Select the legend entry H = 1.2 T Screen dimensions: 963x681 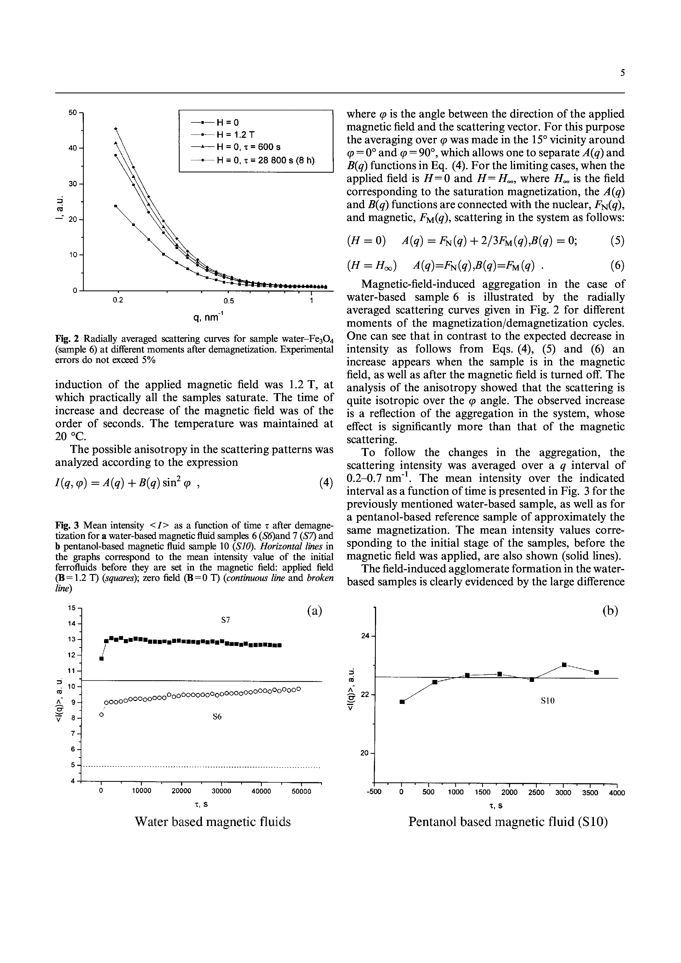235,135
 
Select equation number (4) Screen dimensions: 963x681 326,482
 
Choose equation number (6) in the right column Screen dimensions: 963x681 617,265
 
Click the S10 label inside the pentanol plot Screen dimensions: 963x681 547,701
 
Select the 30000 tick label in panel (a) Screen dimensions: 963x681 221,792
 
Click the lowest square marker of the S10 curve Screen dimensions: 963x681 402,702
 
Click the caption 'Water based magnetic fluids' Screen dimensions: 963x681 212,822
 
